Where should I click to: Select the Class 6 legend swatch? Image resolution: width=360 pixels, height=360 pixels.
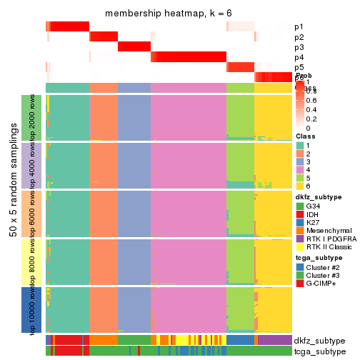300,185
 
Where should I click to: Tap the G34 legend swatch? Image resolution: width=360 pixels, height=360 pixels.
300,206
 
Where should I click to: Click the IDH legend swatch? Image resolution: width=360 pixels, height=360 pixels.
300,215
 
